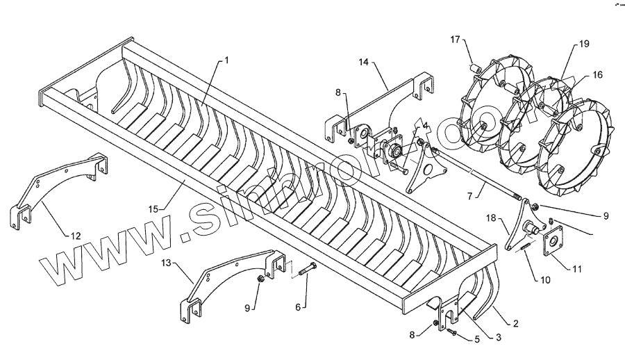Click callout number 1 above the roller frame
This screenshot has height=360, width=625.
(226, 60)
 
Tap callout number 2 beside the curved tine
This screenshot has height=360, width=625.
(516, 324)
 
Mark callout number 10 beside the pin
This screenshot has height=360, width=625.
(544, 280)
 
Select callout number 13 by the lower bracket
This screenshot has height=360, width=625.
(166, 264)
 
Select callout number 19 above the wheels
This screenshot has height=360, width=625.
(584, 44)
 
